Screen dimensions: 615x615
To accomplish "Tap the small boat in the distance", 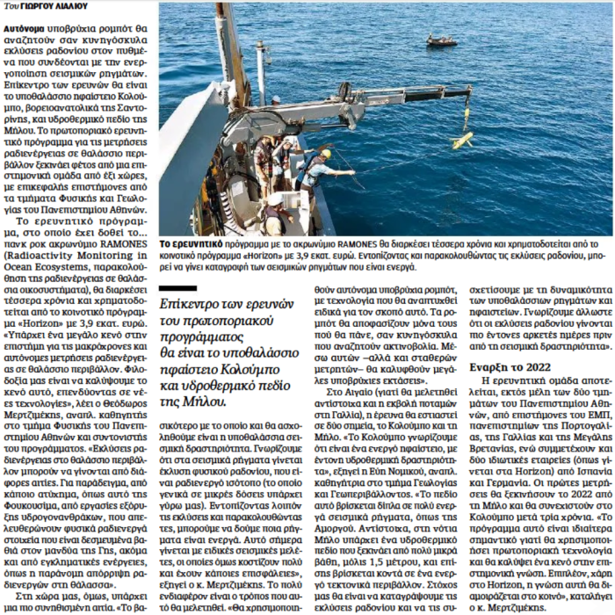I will click(441, 40).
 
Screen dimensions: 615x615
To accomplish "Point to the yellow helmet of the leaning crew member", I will click(325, 154).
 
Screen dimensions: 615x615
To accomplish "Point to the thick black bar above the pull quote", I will click(178, 288).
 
